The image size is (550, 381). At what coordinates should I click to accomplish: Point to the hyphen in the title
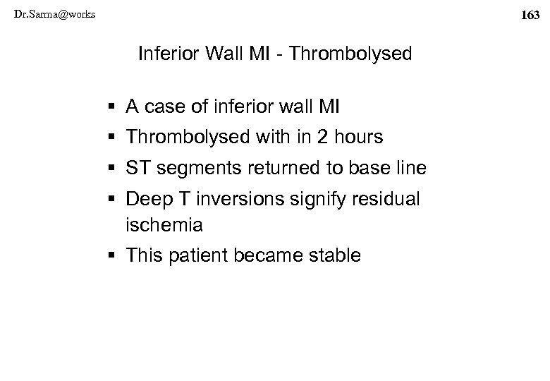coord(281,54)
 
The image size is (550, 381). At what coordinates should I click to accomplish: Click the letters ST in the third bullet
coord(136,169)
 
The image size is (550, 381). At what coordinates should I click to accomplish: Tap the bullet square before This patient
coord(115,255)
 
